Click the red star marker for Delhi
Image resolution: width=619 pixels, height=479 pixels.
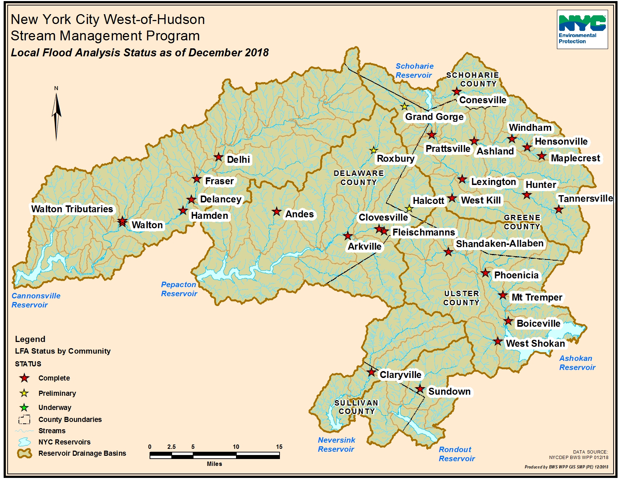[218, 157]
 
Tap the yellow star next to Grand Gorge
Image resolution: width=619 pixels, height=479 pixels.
[404, 106]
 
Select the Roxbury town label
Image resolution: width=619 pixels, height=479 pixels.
[395, 158]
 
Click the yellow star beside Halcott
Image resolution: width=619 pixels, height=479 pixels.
[409, 209]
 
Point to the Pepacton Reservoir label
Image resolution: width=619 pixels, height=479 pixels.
[179, 289]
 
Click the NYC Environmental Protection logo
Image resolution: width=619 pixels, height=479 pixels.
[582, 29]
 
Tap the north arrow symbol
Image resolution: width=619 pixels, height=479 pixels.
[56, 114]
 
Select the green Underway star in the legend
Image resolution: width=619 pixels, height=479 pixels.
[24, 407]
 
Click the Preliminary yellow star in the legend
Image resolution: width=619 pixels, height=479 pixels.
[24, 393]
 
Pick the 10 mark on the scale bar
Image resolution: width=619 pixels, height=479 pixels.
[236, 447]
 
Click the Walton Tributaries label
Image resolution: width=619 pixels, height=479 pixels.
[72, 209]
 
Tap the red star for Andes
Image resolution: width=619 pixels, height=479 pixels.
[277, 212]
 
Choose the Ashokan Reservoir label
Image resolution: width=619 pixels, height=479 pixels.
[577, 363]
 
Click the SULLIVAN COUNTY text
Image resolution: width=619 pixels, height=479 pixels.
[357, 407]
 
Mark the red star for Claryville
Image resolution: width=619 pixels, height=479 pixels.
[371, 372]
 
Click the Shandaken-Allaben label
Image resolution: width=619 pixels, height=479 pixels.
[500, 243]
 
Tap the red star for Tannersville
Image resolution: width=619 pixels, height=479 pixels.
[559, 209]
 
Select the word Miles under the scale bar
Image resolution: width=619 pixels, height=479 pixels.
[214, 464]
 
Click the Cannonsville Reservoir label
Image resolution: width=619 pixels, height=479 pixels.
[36, 300]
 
